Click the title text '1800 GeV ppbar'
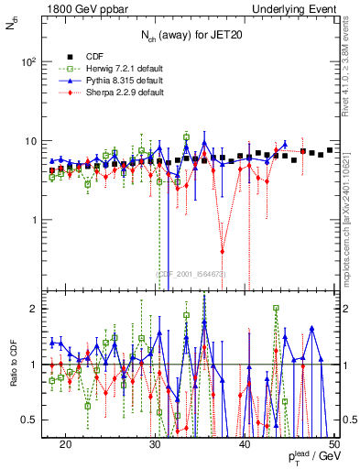tap(80, 8)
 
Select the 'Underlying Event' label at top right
tap(294, 8)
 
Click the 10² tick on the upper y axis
tap(29, 62)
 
